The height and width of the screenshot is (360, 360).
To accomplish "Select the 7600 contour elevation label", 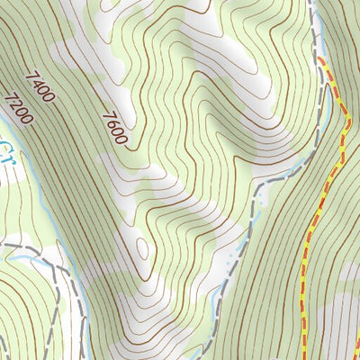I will tap(117, 129).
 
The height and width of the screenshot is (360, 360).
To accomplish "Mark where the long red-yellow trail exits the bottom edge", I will tap(302, 357).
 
